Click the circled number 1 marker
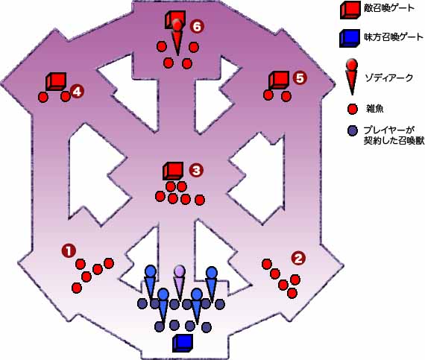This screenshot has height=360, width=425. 69,250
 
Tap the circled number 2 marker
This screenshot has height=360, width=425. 298,258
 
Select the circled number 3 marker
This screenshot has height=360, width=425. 196,171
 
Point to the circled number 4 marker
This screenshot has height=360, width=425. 77,92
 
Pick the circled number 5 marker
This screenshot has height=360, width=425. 300,78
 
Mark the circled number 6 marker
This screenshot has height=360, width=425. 197,27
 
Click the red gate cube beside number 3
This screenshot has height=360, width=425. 173,171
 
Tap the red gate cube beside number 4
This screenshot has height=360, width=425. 56,81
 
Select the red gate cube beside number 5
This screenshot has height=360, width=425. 279,80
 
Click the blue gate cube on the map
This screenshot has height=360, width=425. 183,343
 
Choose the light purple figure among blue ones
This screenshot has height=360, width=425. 180,283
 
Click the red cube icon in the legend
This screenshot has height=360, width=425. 350,10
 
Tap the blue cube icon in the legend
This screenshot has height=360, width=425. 350,39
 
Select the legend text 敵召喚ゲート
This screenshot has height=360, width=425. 389,8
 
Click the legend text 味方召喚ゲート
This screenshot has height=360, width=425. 393,37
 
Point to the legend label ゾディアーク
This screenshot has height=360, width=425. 388,78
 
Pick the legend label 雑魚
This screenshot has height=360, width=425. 374,109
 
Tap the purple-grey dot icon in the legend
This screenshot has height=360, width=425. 353,131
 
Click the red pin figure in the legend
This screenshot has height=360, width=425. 352,78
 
